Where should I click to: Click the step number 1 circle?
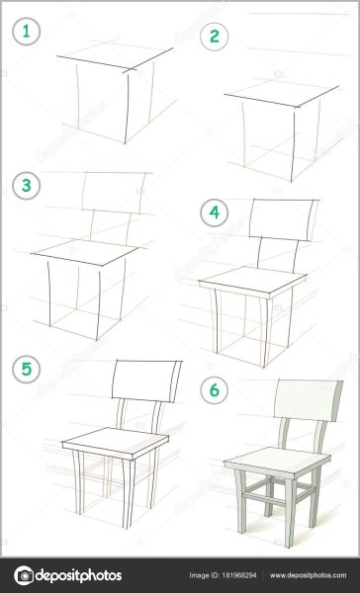pyautogui.click(x=26, y=32)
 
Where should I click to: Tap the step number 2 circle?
pyautogui.click(x=215, y=37)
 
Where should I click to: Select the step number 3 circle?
pyautogui.click(x=26, y=186)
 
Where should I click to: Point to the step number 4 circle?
pyautogui.click(x=215, y=212)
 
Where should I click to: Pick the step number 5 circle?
pyautogui.click(x=26, y=369)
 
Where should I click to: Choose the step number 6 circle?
pyautogui.click(x=215, y=390)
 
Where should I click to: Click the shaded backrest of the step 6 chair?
pyautogui.click(x=309, y=400)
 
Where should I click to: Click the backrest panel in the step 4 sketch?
pyautogui.click(x=284, y=219)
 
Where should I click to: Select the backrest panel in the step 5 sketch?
pyautogui.click(x=146, y=381)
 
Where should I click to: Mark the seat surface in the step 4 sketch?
pyautogui.click(x=252, y=278)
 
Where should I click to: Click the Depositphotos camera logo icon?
pyautogui.click(x=24, y=575)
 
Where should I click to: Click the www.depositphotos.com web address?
pyautogui.click(x=308, y=575)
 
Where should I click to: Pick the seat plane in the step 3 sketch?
pyautogui.click(x=86, y=251)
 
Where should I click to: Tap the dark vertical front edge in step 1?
pyautogui.click(x=127, y=108)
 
